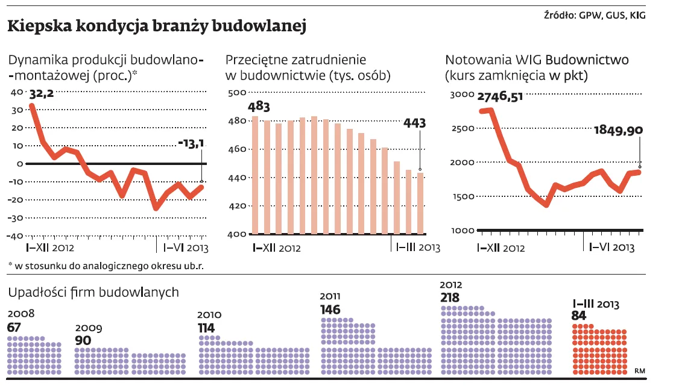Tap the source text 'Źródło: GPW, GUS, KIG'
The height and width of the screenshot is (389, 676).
tap(595, 15)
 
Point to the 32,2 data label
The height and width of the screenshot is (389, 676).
tap(42, 94)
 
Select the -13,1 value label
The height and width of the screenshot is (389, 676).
tap(192, 143)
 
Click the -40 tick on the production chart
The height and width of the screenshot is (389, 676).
tap(16, 235)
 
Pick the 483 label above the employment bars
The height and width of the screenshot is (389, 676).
tap(259, 107)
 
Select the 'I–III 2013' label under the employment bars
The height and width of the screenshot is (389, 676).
tap(417, 247)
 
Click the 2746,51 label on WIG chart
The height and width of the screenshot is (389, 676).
tap(500, 97)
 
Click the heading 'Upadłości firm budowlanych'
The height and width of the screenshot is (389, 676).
tap(93, 292)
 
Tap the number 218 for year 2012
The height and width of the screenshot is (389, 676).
tap(449, 297)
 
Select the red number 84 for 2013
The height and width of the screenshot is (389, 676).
tap(578, 317)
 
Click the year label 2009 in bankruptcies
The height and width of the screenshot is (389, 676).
tap(88, 328)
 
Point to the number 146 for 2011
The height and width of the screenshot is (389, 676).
tap(330, 310)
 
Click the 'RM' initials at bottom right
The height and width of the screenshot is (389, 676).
tap(640, 371)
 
